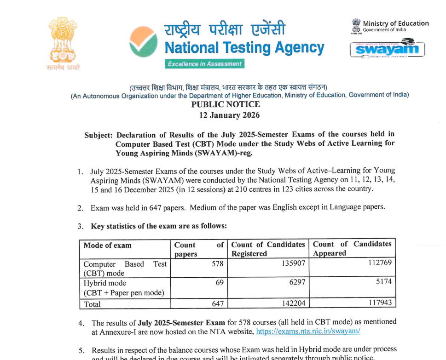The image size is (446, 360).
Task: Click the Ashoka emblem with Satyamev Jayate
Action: (x=63, y=44)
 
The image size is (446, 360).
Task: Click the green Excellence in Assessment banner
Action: (x=204, y=64)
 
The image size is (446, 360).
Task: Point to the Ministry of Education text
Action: (x=395, y=23)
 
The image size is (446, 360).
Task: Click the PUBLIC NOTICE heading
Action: (x=226, y=104)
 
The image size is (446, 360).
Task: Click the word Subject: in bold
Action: (x=98, y=135)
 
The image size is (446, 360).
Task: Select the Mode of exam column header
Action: (x=107, y=245)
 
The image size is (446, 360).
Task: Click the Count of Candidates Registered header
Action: (x=268, y=249)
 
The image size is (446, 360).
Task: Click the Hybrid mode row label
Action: (x=105, y=283)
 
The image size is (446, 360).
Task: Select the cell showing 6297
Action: (x=297, y=282)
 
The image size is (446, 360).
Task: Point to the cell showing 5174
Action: (x=383, y=281)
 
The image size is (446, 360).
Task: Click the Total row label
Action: (x=92, y=303)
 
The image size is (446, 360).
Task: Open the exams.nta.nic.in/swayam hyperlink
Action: (x=308, y=331)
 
